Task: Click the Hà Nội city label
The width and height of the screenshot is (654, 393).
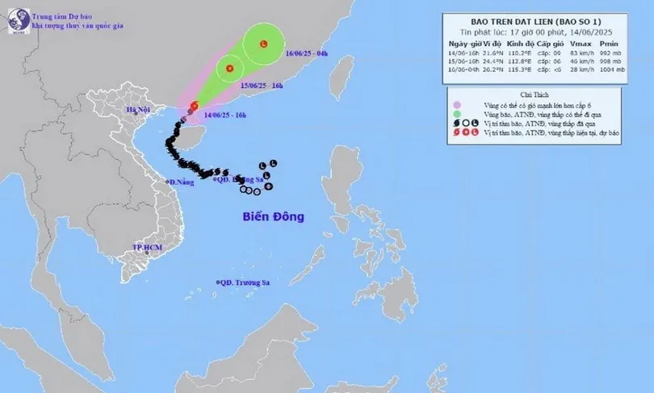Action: [138, 110]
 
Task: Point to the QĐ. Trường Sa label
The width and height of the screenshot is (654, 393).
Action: [247, 282]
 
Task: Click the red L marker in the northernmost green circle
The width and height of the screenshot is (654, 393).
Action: [264, 45]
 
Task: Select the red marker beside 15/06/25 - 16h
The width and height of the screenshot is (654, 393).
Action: [230, 69]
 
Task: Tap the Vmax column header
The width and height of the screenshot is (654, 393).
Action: [577, 42]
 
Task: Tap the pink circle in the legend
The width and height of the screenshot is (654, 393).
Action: [458, 105]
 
